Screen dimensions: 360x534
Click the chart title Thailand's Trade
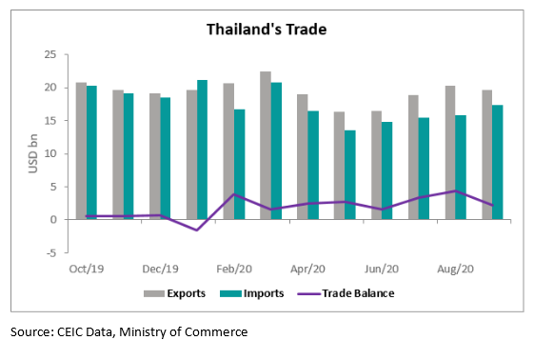point(267,30)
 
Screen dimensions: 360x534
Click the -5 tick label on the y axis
point(59,252)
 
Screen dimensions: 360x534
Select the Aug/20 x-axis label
point(455,269)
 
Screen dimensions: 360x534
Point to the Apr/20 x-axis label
point(308,269)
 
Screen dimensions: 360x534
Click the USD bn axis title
point(30,154)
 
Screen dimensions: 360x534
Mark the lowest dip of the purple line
point(196,230)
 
